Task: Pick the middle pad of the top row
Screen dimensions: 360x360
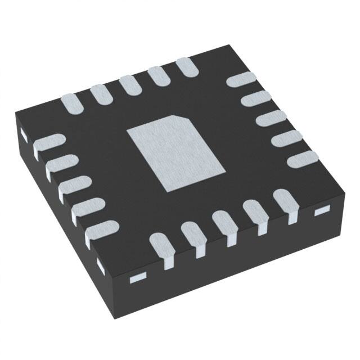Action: [131, 85]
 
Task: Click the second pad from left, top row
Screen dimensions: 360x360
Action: [102, 93]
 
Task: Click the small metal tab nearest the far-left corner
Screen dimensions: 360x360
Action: [24, 134]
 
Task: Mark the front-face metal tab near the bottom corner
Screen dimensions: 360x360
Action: [138, 277]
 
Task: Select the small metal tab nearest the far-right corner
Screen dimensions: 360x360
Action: [321, 211]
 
